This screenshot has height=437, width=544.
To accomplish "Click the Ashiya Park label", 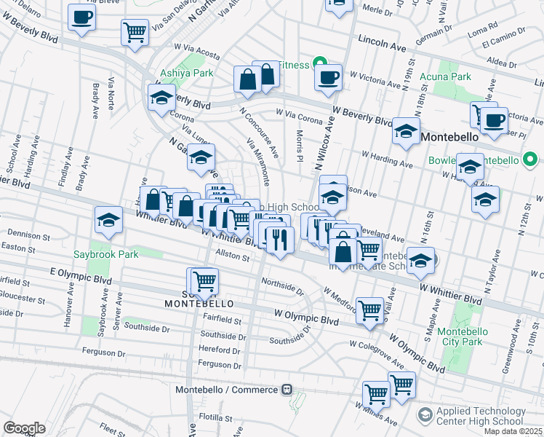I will (x=187, y=73).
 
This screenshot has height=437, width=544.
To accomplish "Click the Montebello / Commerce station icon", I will (x=287, y=390).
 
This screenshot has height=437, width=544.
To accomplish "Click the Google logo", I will (x=24, y=428).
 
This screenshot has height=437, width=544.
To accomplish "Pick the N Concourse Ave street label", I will (x=260, y=132).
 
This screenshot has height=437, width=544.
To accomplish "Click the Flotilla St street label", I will (x=215, y=417).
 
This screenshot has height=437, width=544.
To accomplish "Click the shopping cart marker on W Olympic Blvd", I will (x=370, y=310).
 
